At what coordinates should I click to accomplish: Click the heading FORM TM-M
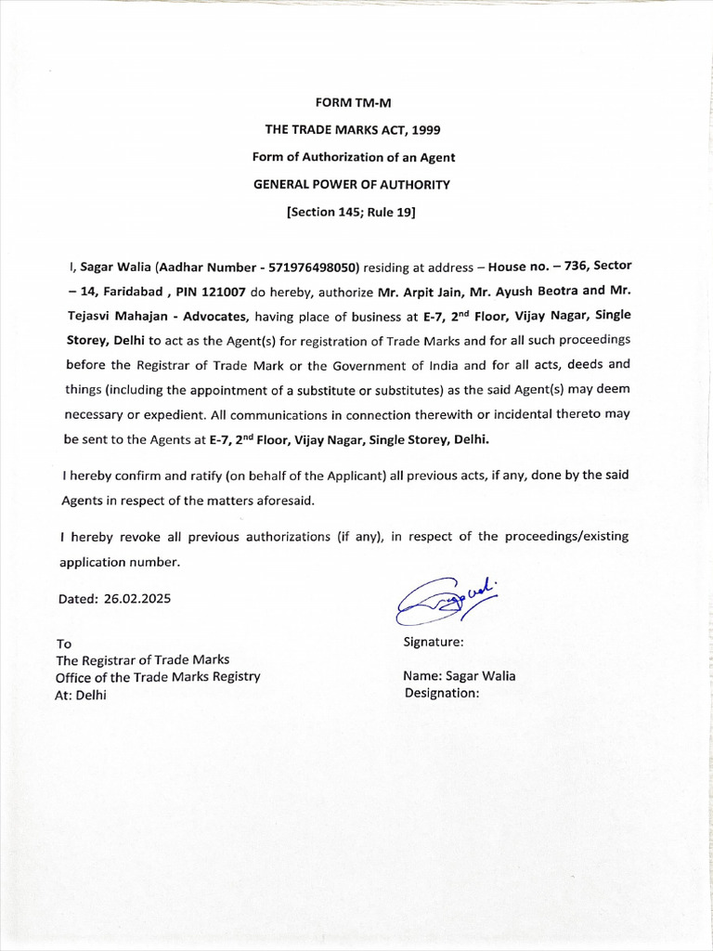pos(352,103)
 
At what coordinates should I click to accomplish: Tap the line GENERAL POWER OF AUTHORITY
pos(352,184)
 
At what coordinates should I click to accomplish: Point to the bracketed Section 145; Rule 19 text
pos(352,211)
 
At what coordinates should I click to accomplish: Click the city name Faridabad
pos(130,291)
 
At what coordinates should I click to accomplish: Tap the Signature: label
pos(434,642)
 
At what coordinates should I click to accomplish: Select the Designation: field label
pos(442,693)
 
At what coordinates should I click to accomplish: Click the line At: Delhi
pos(82,695)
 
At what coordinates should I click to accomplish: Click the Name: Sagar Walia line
pos(459,676)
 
